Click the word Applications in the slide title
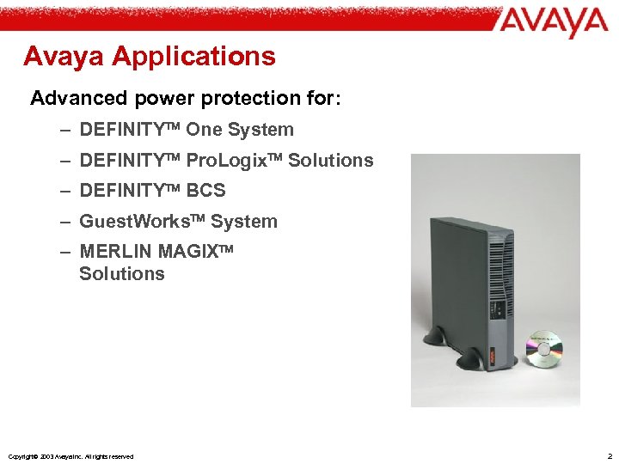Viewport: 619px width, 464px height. pyautogui.click(x=193, y=57)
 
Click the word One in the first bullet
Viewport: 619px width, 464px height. pyautogui.click(x=204, y=130)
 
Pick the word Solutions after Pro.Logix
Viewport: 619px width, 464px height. pyautogui.click(x=331, y=161)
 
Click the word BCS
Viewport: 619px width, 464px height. pyautogui.click(x=205, y=191)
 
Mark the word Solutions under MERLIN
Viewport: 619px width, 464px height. pyautogui.click(x=121, y=274)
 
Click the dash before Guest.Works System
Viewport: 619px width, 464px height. pyautogui.click(x=66, y=222)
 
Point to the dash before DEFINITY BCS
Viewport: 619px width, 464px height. pyautogui.click(x=66, y=191)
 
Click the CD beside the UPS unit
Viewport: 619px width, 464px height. pyautogui.click(x=544, y=348)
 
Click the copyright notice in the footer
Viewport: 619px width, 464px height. pyautogui.click(x=70, y=456)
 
